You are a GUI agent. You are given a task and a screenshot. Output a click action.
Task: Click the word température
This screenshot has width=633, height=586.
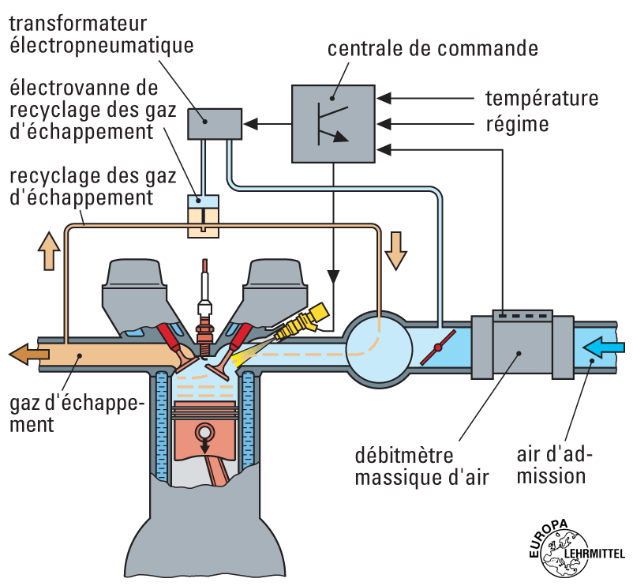[541, 99]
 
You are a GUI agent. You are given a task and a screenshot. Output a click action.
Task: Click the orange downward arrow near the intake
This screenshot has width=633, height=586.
[395, 249]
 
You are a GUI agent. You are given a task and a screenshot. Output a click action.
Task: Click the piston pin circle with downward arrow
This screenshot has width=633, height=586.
[206, 434]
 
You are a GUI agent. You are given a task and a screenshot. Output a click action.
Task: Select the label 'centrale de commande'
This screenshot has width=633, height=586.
[433, 49]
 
